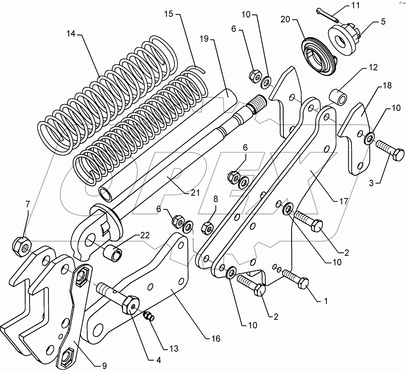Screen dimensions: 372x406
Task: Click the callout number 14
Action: (x=71, y=34)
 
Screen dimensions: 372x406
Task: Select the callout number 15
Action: (x=169, y=14)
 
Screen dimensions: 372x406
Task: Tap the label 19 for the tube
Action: (x=204, y=39)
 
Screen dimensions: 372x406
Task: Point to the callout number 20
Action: (x=285, y=19)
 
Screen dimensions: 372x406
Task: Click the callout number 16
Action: (x=216, y=339)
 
